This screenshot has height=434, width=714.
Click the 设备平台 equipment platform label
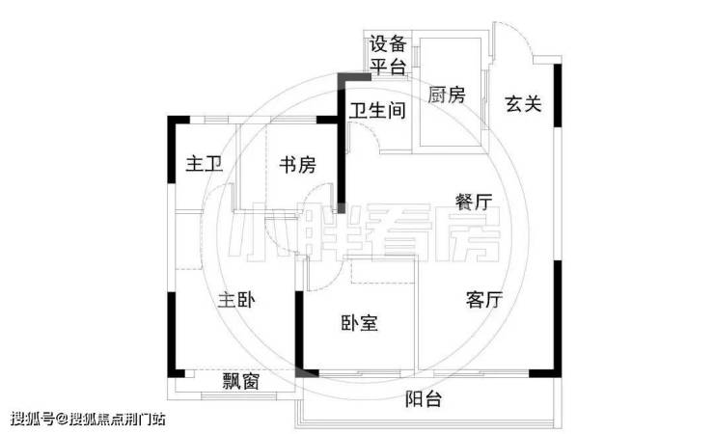[387, 56]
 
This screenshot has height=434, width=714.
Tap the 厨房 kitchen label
[446, 95]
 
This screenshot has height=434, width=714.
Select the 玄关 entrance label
[523, 103]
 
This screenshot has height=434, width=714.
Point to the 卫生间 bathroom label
[377, 111]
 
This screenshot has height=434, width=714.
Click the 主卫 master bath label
[204, 165]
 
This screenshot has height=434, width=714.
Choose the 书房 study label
[297, 165]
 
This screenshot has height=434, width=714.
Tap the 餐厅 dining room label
[474, 202]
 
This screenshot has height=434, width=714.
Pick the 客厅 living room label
[484, 300]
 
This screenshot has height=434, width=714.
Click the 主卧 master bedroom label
[235, 301]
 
